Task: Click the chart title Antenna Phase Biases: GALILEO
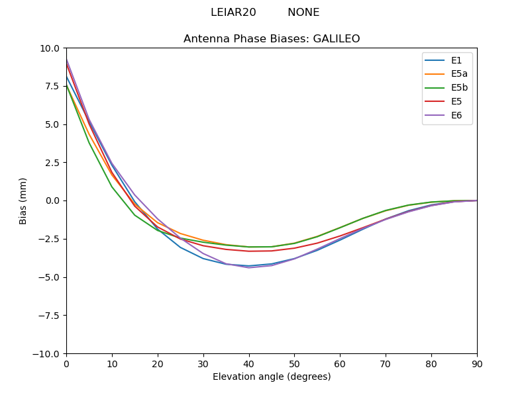click(x=272, y=39)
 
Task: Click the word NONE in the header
click(x=303, y=13)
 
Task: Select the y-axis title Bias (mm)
click(x=23, y=200)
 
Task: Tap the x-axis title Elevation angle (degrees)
click(x=272, y=377)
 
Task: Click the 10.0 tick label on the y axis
click(x=50, y=48)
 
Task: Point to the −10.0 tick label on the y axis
click(x=48, y=353)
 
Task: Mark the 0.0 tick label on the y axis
click(x=53, y=200)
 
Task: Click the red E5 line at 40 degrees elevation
click(x=249, y=251)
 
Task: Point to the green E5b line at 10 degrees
click(x=112, y=186)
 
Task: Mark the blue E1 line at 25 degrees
click(x=180, y=247)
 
